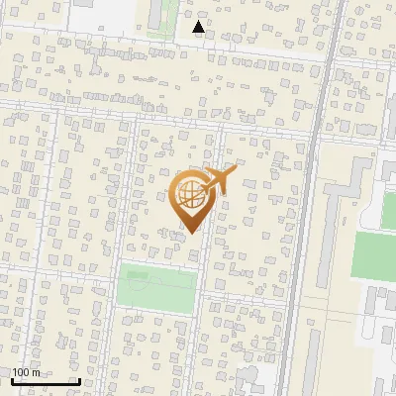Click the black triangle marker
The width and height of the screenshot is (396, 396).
199,27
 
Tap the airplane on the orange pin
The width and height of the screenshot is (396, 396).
219,179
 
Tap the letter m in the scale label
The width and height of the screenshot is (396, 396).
37,372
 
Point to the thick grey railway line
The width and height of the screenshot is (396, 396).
307,198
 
